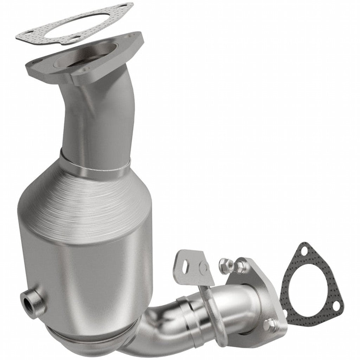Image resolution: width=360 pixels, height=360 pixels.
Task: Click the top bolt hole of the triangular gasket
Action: coord(303,251)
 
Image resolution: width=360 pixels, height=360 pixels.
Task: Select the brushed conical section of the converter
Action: coord(88,200)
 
